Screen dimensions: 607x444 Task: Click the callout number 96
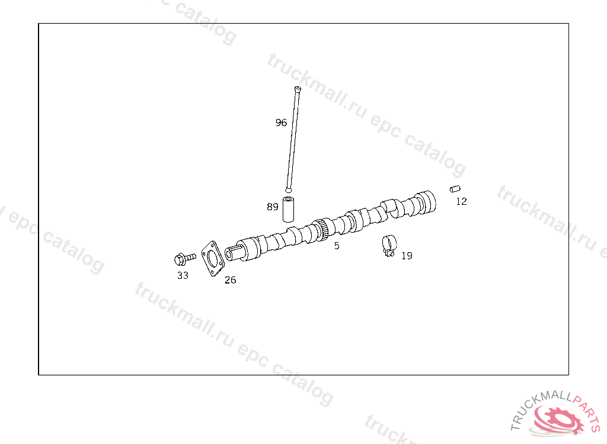pos(281,123)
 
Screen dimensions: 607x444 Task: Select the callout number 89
pos(272,207)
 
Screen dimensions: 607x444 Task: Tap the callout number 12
pos(461,201)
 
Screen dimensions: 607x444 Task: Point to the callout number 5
pos(337,246)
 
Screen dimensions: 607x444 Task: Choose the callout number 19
pos(407,256)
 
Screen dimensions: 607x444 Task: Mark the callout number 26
pos(230,280)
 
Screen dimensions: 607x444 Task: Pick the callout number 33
pos(183,275)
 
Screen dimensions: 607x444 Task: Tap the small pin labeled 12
pos(455,189)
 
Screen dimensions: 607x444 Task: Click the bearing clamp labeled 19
pos(389,244)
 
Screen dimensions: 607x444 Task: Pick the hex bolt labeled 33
pos(184,259)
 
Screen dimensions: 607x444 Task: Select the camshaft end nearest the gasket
pos(232,253)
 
